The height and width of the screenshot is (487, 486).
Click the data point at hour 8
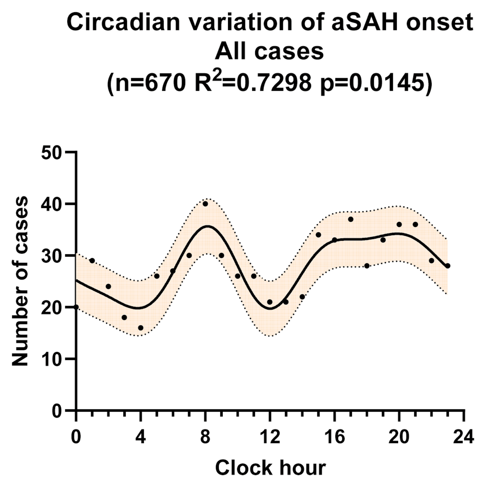205,204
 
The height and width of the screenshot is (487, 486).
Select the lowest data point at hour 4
141,328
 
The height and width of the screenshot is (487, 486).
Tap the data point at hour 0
76,307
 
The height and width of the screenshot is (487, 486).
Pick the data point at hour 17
351,219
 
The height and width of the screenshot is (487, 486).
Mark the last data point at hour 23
448,266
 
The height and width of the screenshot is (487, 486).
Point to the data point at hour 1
92,260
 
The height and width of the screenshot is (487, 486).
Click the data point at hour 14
302,296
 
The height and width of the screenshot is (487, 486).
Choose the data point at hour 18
367,266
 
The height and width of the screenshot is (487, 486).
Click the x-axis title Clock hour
270,468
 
